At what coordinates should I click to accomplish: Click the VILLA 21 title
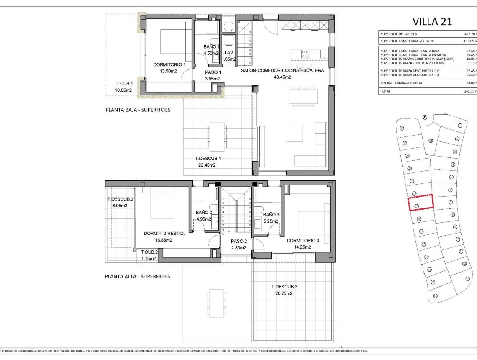point(432,21)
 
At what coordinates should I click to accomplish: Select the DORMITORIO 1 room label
point(169,65)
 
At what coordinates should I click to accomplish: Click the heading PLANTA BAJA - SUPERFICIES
point(138,110)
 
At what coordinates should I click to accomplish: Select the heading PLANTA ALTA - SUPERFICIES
point(137,276)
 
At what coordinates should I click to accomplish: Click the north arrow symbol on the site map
point(425,117)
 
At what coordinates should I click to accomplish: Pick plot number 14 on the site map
point(435,296)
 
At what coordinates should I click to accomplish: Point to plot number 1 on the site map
point(460,125)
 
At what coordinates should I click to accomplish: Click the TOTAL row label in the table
point(385,91)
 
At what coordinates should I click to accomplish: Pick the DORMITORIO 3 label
point(303,241)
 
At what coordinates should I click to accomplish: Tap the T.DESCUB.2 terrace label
point(121,199)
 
